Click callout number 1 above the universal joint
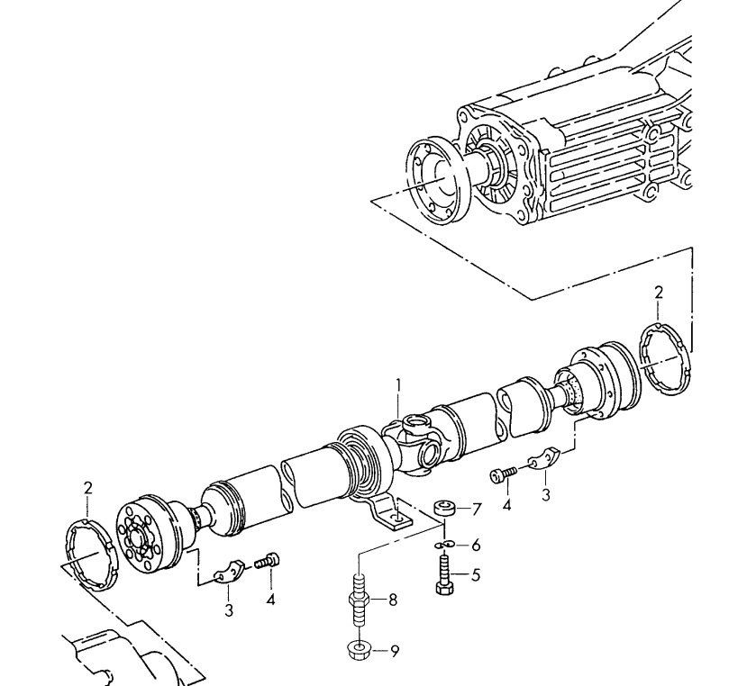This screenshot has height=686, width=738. [x=398, y=387]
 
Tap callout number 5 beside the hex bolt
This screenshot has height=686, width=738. [x=476, y=575]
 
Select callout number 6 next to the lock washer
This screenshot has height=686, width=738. [x=476, y=546]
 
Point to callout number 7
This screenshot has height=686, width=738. [x=477, y=510]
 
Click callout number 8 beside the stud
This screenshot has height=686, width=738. [x=393, y=600]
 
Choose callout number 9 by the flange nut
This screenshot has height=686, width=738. [x=394, y=651]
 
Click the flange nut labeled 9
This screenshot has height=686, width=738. [x=359, y=651]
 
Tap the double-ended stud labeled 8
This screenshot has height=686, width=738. [x=360, y=600]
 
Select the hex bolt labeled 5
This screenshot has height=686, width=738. [x=444, y=575]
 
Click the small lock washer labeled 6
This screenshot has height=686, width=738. [x=444, y=545]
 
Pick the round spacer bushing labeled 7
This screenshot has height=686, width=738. [x=444, y=509]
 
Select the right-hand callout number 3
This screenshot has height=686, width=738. [x=546, y=495]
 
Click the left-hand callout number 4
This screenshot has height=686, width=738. [x=270, y=600]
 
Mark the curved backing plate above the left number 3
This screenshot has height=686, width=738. [x=229, y=571]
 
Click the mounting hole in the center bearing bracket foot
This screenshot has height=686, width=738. [x=398, y=518]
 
